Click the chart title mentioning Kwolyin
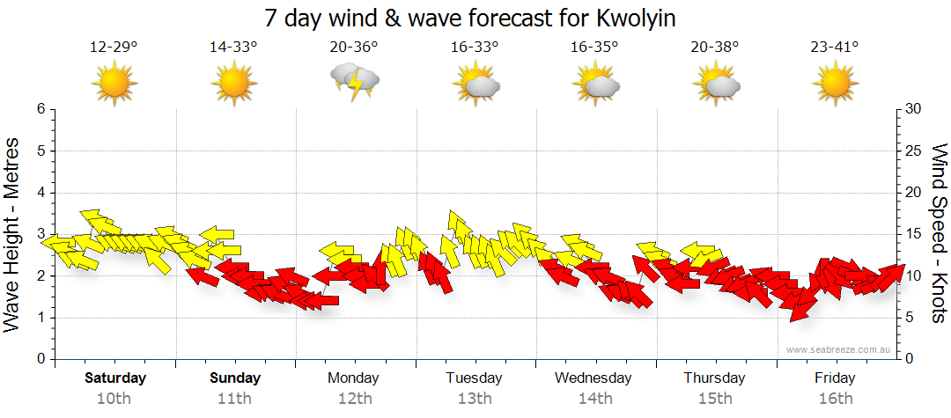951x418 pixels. tap(475, 18)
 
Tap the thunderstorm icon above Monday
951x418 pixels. tap(355, 83)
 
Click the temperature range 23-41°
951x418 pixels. tap(835, 47)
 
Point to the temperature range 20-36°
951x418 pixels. tap(355, 47)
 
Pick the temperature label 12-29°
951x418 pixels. tap(114, 47)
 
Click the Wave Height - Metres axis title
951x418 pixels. tap(14, 233)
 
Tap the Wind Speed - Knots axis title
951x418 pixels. tap(939, 233)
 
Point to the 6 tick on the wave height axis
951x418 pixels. tap(40, 109)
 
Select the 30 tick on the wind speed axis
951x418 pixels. tap(913, 109)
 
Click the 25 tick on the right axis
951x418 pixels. tap(913, 150)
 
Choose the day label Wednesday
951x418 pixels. tap(593, 378)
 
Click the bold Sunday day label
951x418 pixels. tap(235, 378)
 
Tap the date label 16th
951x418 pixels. tap(835, 399)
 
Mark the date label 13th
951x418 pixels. tap(474, 399)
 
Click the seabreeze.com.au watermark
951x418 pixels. tap(839, 349)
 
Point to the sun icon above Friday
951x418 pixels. tap(835, 84)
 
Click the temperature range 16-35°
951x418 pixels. tap(594, 47)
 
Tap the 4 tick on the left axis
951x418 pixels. tap(40, 193)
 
